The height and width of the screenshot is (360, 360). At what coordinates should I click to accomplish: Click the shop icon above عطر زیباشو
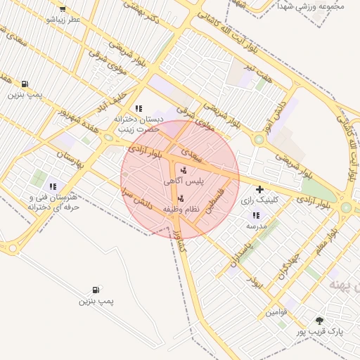coord(63,9)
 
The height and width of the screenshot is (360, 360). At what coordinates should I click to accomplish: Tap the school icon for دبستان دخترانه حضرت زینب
coord(139,108)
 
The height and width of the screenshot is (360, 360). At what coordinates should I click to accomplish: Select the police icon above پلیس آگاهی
coord(184,170)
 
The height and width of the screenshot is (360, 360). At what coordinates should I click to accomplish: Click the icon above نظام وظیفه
coord(181,199)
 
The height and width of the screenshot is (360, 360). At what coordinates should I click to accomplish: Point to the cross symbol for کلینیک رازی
coord(260,189)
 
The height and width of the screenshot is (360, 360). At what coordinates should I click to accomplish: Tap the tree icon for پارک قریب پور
coord(320,321)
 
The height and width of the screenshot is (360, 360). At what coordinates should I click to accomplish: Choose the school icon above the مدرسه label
coord(256,216)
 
